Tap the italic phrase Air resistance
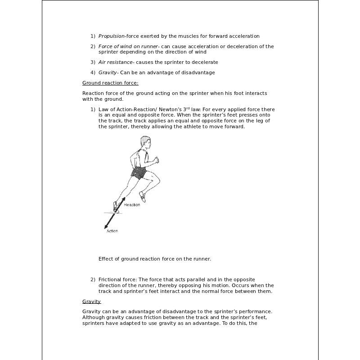click(116, 62)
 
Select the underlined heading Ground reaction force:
click(110, 83)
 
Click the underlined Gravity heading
click(91, 301)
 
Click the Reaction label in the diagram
click(132, 205)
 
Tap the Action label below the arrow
click(112, 231)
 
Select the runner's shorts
click(139, 173)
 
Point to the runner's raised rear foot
click(143, 196)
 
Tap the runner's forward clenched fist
click(156, 160)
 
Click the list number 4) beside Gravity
click(93, 72)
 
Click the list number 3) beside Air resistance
click(93, 62)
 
